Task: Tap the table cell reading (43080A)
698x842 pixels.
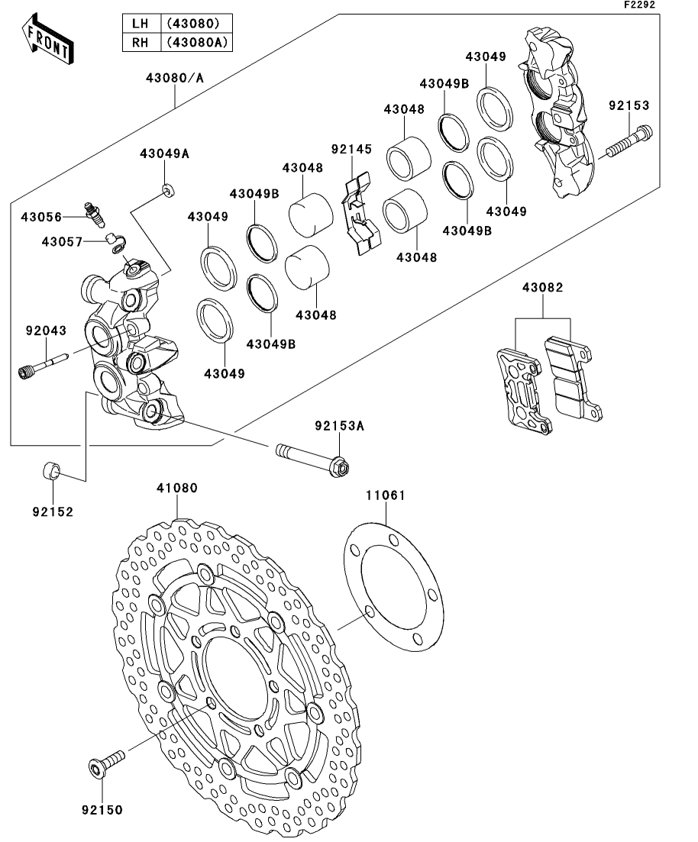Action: (x=196, y=42)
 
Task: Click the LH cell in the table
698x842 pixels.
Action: (x=141, y=24)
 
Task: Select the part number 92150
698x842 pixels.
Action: (x=102, y=809)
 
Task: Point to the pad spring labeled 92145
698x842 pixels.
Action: (x=360, y=213)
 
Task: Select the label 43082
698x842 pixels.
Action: (x=543, y=288)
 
